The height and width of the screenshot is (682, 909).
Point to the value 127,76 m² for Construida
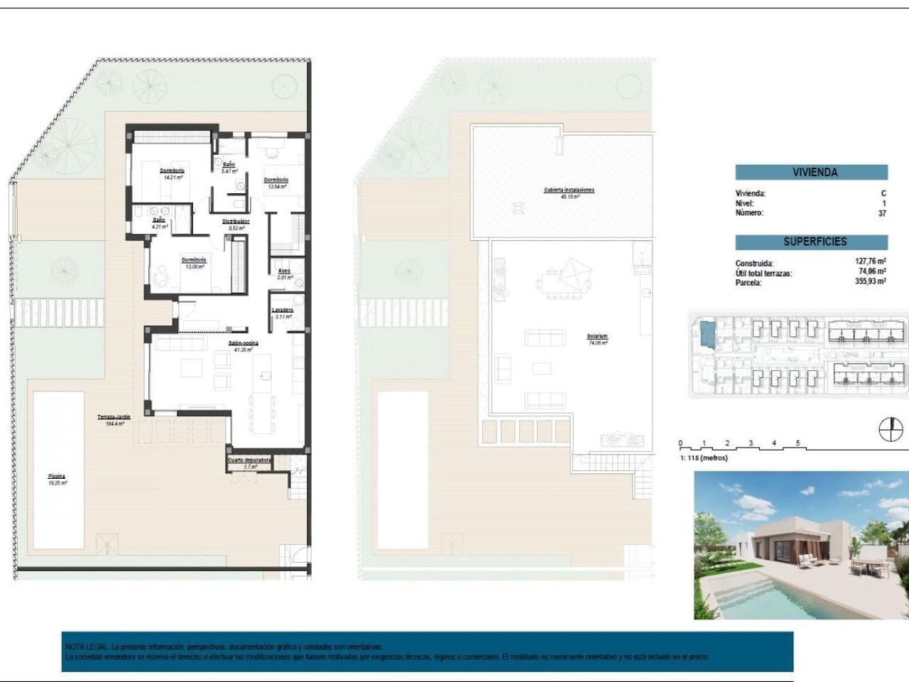pos(870,261)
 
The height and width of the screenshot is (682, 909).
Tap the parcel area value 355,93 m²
pos(870,281)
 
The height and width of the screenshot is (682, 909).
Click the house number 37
pos(882,213)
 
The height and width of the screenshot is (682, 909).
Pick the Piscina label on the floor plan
pos(57,476)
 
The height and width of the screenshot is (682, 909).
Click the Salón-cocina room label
pos(243,343)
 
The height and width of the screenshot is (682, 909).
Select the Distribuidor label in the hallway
pos(236,222)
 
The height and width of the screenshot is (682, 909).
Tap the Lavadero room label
pos(283,310)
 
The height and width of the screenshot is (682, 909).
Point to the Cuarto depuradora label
pos(249,460)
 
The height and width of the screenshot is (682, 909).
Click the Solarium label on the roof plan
pos(597,337)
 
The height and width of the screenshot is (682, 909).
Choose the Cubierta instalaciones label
pos(569,190)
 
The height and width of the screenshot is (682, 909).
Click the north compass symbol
pos(891,431)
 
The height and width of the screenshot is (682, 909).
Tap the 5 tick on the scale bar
pos(798,444)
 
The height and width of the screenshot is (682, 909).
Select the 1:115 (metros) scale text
pos(704,458)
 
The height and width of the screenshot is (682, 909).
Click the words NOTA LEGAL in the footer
pos(87,647)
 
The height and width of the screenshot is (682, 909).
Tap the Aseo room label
pos(284,271)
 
